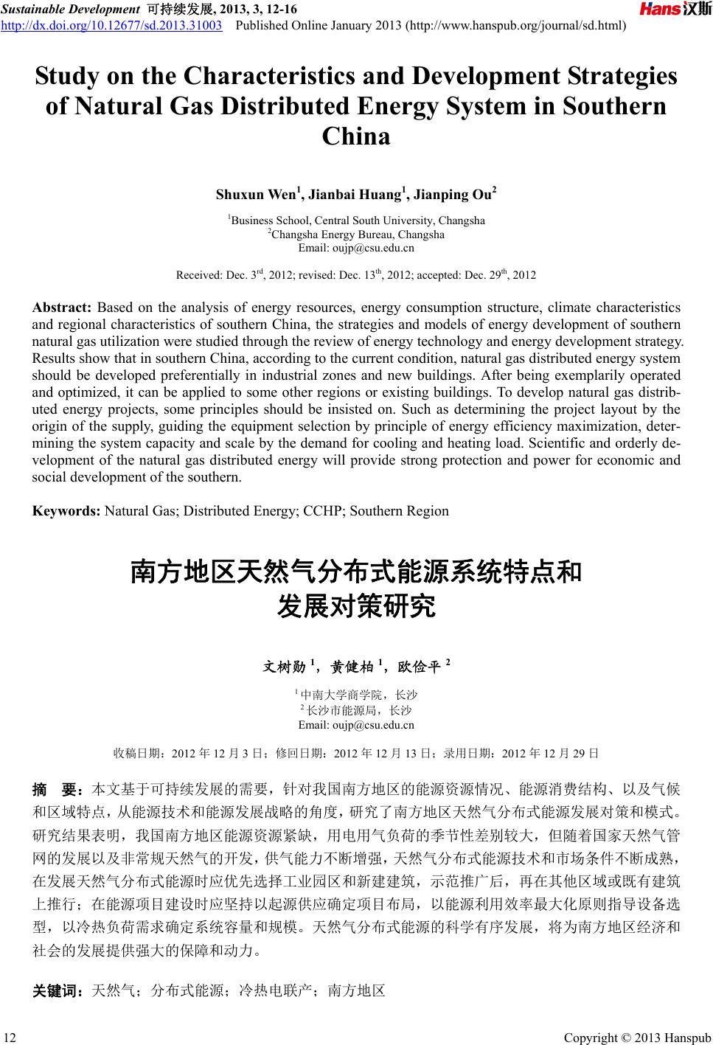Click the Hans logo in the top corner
[x=674, y=9]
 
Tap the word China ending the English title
[x=356, y=136]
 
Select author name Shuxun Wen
[x=255, y=195]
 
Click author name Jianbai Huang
[x=355, y=195]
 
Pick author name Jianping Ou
[x=452, y=195]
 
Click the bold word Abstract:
[x=61, y=308]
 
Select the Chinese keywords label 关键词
[x=57, y=990]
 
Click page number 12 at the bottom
[x=10, y=1038]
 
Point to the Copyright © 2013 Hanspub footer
[x=637, y=1038]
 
